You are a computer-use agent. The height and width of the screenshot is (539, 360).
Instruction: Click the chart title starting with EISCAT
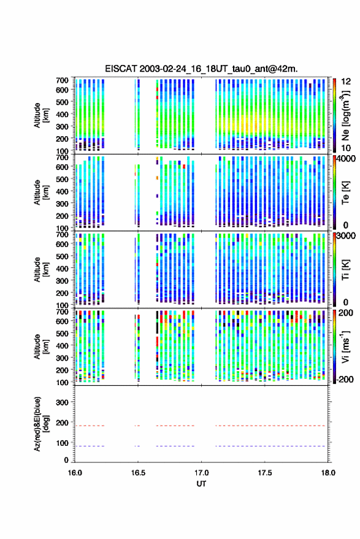[x=201, y=69]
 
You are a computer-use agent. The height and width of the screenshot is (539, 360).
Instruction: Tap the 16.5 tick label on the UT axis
[x=138, y=473]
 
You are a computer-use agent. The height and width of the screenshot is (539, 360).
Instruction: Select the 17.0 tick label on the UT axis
[x=202, y=473]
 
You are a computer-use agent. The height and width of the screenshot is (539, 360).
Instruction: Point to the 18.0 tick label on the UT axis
[x=328, y=473]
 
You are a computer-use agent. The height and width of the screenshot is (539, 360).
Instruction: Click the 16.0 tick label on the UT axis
[x=75, y=473]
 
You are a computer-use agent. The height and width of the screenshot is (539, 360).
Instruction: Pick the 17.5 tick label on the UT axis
[x=265, y=473]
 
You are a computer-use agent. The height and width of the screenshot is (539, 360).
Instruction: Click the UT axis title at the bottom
[x=202, y=484]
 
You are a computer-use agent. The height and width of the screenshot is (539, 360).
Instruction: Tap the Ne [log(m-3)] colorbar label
[x=346, y=115]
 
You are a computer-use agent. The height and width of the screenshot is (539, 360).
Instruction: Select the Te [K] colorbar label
[x=345, y=193]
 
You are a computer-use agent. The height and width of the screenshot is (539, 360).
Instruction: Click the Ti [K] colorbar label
[x=345, y=270]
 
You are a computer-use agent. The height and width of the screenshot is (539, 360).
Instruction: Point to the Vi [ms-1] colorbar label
[x=345, y=346]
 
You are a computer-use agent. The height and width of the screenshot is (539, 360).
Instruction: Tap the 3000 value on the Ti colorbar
[x=346, y=235]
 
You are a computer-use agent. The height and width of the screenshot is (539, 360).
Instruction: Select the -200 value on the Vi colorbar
[x=345, y=379]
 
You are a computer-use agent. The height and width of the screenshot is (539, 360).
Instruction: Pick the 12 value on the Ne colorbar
[x=347, y=82]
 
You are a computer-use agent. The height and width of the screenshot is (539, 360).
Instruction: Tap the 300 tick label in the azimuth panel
[x=62, y=402]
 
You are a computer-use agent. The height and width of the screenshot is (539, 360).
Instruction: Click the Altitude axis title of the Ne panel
[x=41, y=115]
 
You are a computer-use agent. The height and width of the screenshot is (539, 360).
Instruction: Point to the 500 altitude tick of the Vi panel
[x=62, y=333]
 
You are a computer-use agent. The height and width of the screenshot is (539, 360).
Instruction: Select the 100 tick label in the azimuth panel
[x=62, y=443]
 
